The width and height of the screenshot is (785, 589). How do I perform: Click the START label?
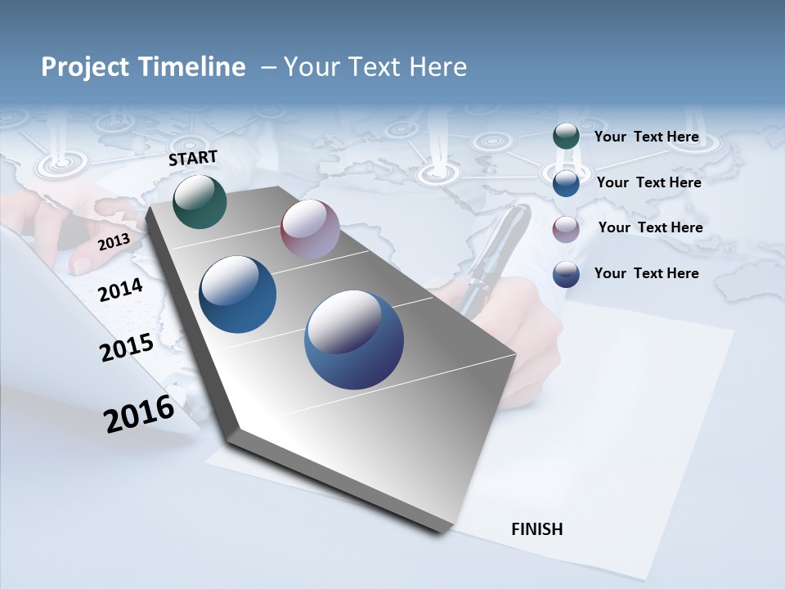tap(193, 158)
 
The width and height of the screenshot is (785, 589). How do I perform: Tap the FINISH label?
tap(536, 529)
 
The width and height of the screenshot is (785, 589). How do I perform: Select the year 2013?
tap(114, 242)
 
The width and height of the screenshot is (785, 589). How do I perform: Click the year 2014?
tap(120, 290)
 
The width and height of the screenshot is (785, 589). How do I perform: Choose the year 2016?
tap(139, 414)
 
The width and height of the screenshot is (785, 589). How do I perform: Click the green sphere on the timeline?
tap(200, 201)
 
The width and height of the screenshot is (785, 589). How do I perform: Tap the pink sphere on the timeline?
tap(310, 229)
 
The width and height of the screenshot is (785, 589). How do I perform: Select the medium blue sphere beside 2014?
tap(237, 294)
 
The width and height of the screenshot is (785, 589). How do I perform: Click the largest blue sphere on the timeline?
tap(354, 339)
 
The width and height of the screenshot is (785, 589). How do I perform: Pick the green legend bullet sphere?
tap(566, 136)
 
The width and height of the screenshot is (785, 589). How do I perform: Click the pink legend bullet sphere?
tap(566, 228)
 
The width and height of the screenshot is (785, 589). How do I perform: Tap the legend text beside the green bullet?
tap(646, 137)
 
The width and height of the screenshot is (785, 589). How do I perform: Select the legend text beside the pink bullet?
tap(650, 227)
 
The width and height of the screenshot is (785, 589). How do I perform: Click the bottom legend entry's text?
tap(646, 273)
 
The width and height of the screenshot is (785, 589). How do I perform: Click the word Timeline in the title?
tap(192, 67)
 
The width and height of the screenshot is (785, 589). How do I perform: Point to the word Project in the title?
tap(86, 67)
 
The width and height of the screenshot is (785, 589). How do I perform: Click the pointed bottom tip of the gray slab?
tap(442, 531)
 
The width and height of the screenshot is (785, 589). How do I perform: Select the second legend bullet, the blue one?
tap(566, 183)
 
